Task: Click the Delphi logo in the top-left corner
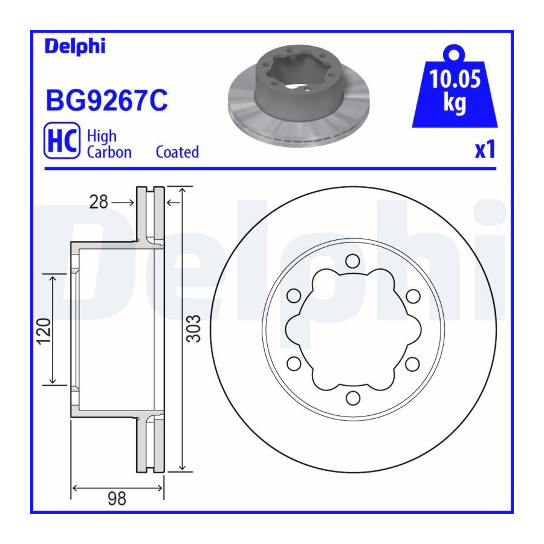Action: pyautogui.click(x=75, y=47)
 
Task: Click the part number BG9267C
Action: pyautogui.click(x=107, y=100)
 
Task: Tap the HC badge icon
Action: pyautogui.click(x=62, y=140)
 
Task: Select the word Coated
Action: pyautogui.click(x=177, y=152)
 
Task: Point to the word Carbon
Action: pyautogui.click(x=109, y=152)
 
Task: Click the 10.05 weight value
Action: pyautogui.click(x=455, y=79)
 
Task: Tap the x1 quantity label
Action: pyautogui.click(x=485, y=150)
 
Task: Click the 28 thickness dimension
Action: pyautogui.click(x=99, y=202)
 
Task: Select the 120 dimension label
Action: pyautogui.click(x=44, y=331)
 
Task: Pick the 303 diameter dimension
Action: pyautogui.click(x=193, y=329)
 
